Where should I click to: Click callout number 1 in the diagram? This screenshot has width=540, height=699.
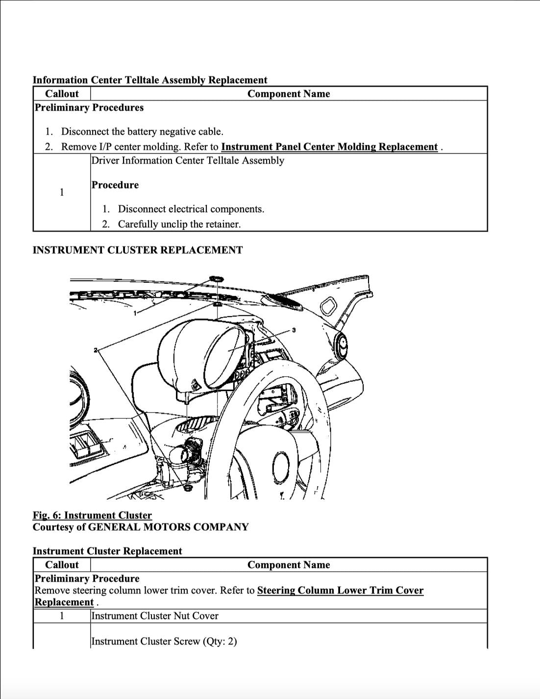135,313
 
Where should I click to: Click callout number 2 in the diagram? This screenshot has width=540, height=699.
96,350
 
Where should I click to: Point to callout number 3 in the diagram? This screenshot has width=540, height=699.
294,330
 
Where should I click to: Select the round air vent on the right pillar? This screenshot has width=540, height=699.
342,343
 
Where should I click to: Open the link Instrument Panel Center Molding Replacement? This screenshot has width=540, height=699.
329,147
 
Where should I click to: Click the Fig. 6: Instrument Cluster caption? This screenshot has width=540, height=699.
92,515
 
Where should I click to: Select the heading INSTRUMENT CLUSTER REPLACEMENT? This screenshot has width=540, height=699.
137,250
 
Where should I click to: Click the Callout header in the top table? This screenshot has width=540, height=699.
62,94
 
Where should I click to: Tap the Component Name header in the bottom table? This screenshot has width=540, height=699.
289,565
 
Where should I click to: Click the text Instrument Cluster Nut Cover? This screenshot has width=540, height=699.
155,616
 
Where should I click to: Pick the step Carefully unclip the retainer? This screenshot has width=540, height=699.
179,224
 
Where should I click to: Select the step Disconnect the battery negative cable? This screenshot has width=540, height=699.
142,131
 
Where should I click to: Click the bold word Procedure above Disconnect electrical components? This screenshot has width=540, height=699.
115,185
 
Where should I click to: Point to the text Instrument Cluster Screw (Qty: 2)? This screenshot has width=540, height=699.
164,641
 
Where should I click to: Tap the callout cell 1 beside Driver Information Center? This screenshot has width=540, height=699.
62,192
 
